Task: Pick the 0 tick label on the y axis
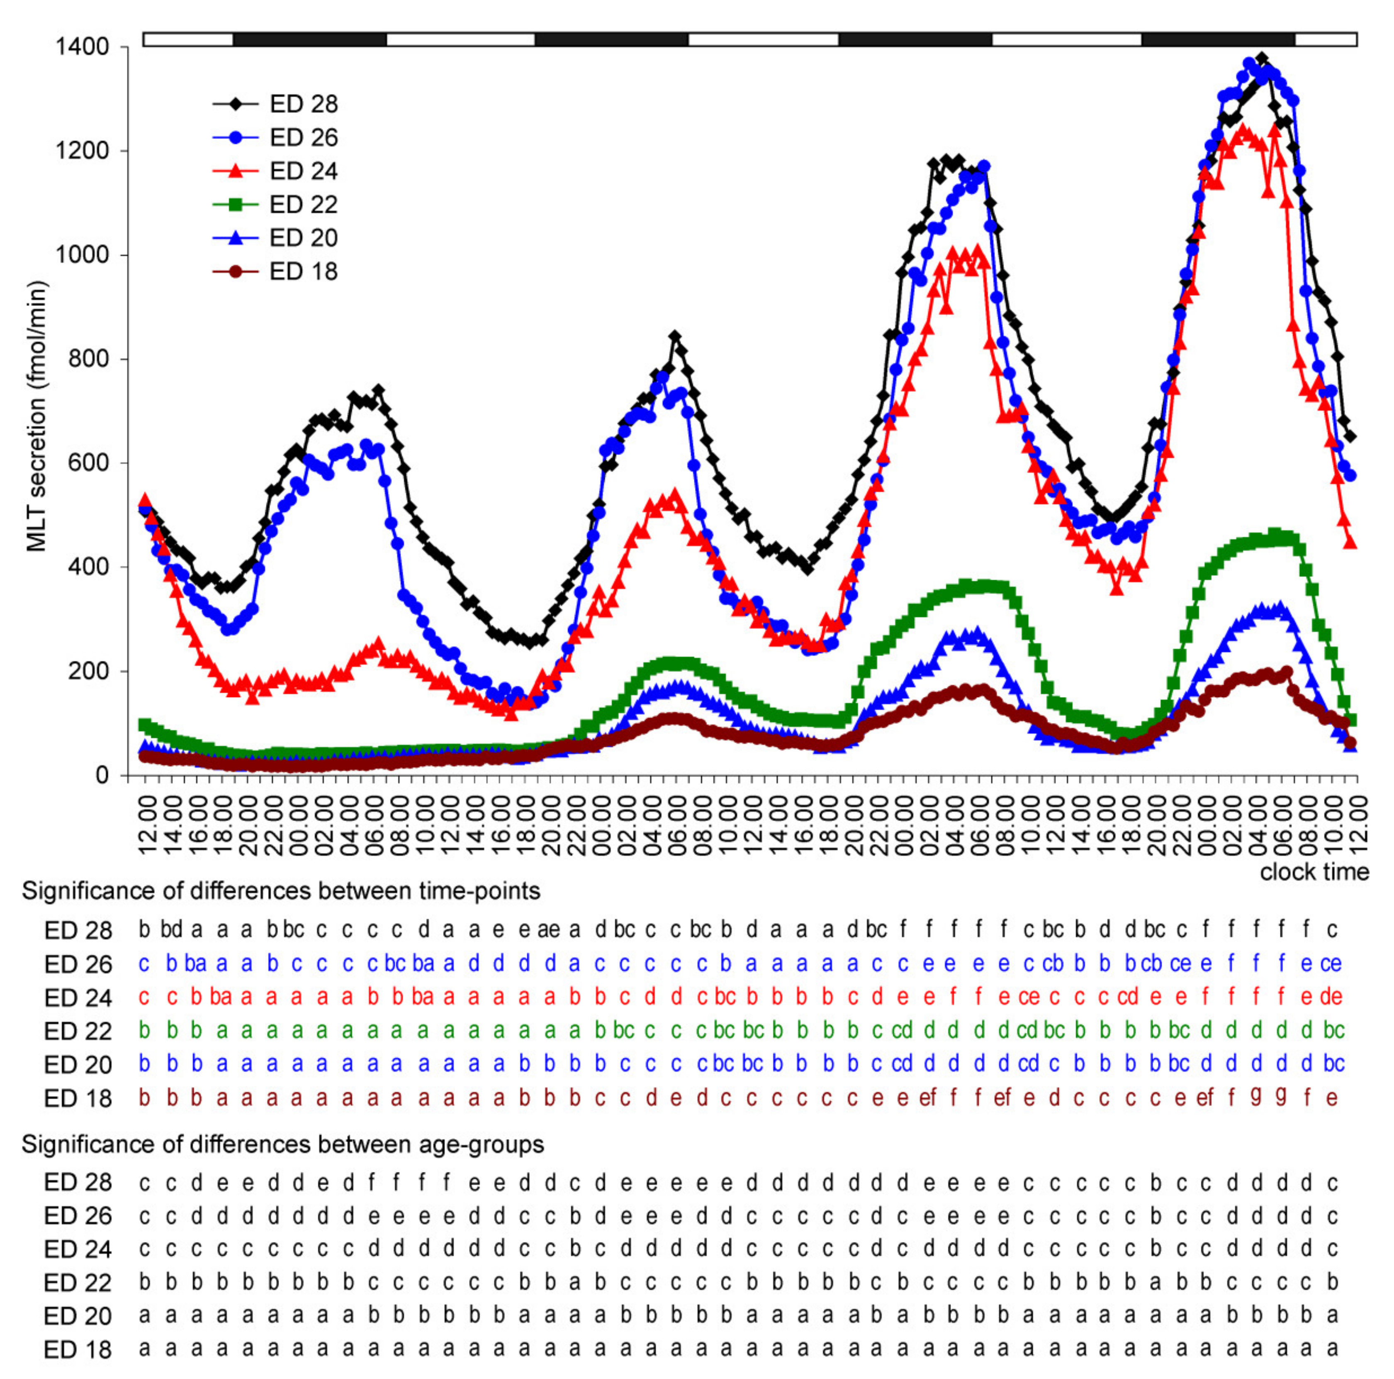coord(102,775)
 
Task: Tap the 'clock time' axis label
coord(1314,872)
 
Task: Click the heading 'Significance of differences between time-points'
coord(281,891)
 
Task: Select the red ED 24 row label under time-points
coord(78,998)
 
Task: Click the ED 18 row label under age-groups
coord(78,1350)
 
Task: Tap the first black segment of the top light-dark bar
coord(309,39)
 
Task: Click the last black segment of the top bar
coord(1218,39)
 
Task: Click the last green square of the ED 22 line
coord(1351,720)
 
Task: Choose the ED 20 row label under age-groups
coord(78,1316)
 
